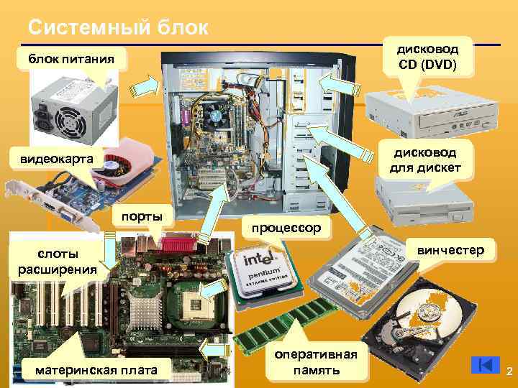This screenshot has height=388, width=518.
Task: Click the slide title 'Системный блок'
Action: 118,28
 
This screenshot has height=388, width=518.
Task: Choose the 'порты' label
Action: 142,216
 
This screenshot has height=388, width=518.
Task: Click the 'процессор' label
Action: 288,228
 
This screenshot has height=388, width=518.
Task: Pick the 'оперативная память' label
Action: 315,363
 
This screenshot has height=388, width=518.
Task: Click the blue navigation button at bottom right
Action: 486,365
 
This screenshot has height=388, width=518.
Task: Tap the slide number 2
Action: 509,371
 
